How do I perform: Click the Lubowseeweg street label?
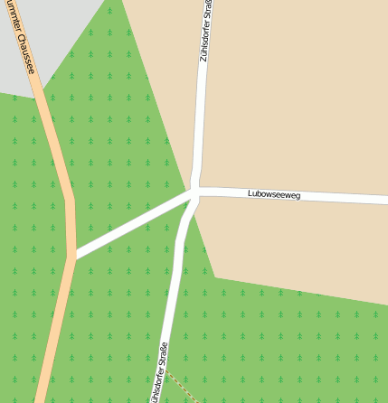point(273,194)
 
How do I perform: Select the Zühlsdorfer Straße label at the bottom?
point(160,373)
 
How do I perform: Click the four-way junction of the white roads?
point(194,192)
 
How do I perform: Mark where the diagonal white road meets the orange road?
point(71,256)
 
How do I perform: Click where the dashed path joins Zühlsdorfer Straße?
point(166,370)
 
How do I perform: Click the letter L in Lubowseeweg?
point(250,193)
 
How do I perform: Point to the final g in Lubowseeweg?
point(297,196)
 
